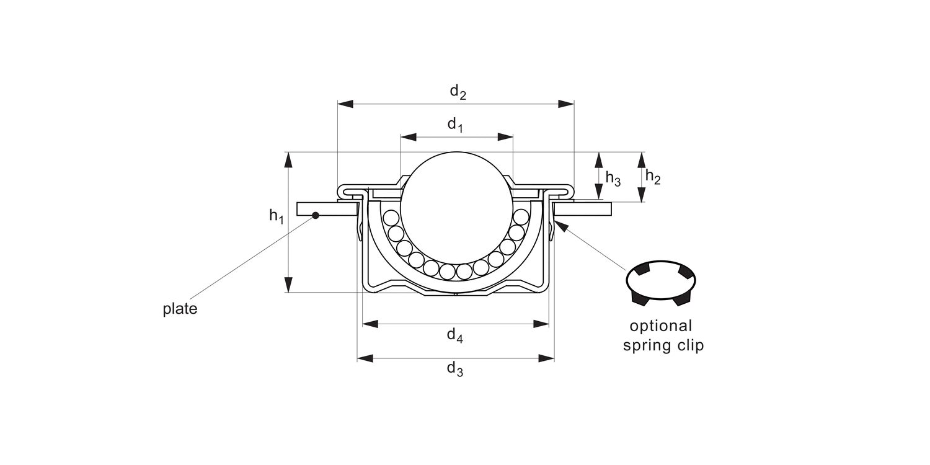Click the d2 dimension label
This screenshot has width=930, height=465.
(x=458, y=92)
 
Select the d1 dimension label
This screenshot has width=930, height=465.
(x=456, y=125)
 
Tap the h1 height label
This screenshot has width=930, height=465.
(x=276, y=216)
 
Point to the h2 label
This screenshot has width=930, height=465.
(x=653, y=177)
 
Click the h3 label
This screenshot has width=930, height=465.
(x=613, y=179)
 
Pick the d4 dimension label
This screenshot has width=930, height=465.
(x=455, y=335)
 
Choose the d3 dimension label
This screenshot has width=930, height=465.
(x=455, y=369)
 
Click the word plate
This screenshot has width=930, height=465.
(x=180, y=309)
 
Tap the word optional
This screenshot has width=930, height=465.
(x=660, y=326)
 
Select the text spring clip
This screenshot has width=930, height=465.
(x=663, y=345)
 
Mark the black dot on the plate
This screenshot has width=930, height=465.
(x=316, y=215)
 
